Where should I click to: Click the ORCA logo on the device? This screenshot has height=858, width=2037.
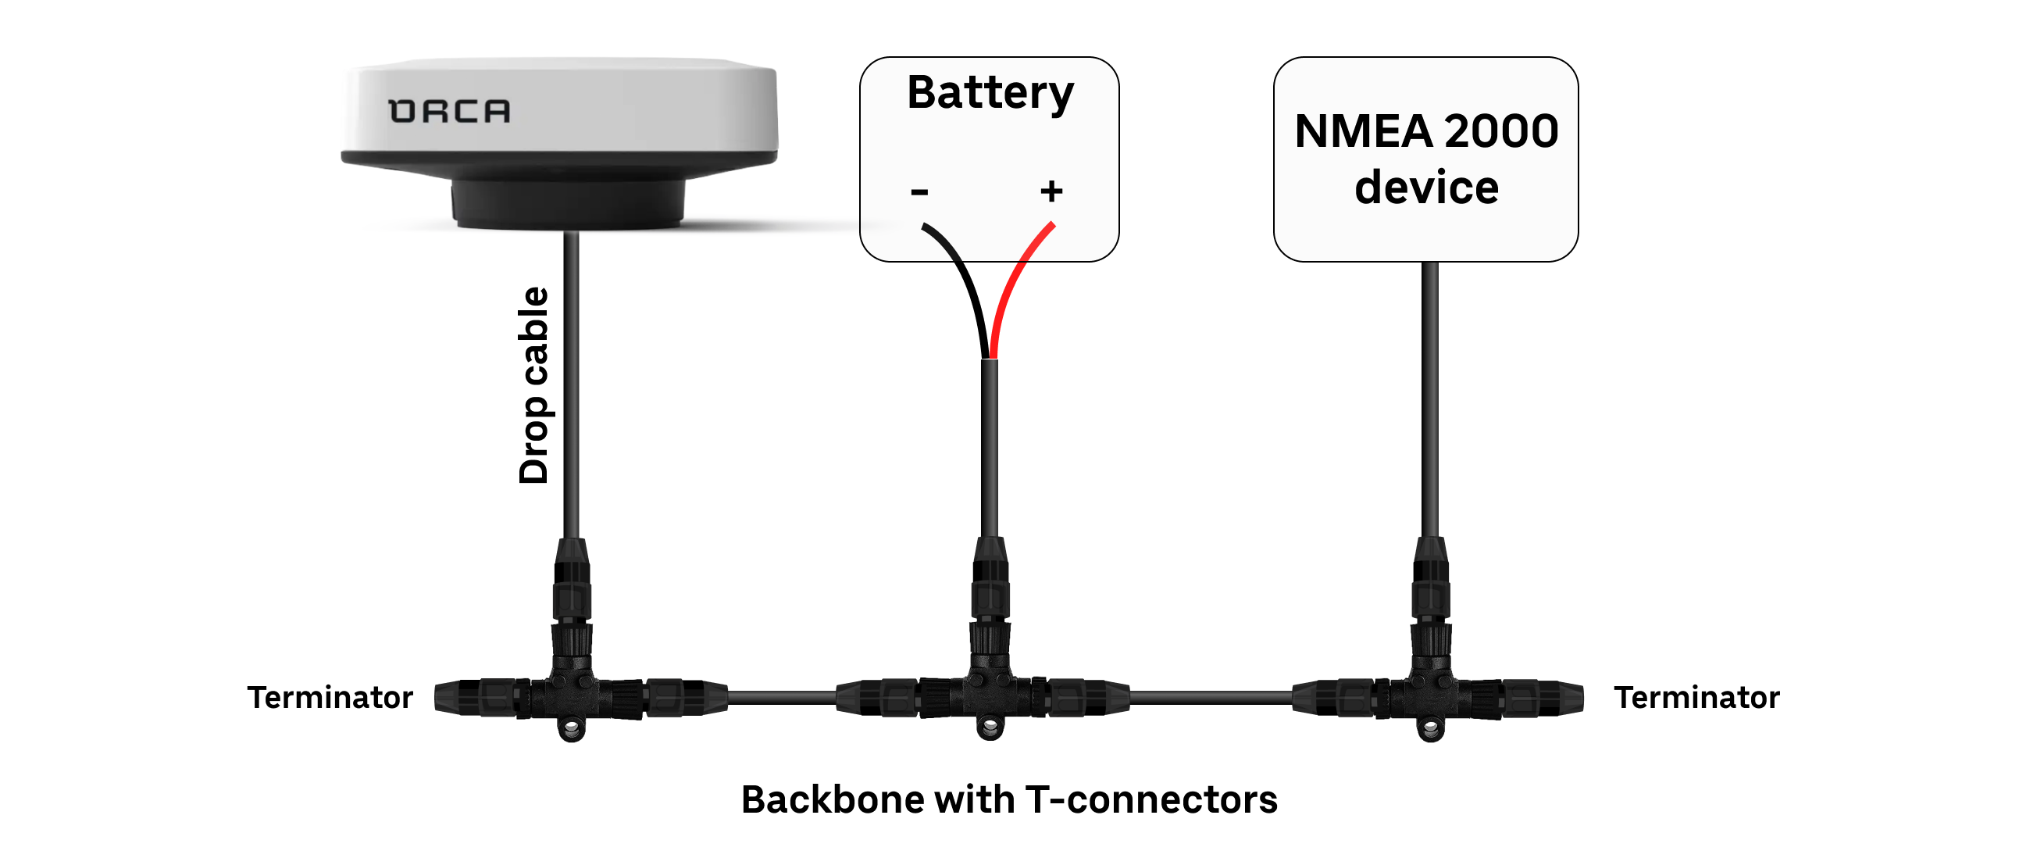tap(449, 112)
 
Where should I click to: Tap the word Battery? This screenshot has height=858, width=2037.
tap(990, 93)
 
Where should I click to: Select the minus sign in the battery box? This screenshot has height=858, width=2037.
tap(919, 191)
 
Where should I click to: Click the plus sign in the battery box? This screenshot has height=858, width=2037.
tap(1051, 191)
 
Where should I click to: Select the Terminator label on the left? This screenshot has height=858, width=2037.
tap(330, 698)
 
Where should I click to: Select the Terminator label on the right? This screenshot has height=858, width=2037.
tap(1696, 698)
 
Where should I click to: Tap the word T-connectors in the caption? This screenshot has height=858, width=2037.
tap(1150, 799)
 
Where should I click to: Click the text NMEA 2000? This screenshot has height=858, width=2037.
tap(1425, 131)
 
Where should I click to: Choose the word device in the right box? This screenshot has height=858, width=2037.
tap(1425, 188)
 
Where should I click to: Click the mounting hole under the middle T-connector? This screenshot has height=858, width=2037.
tap(990, 725)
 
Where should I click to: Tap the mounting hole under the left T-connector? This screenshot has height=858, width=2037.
tap(572, 727)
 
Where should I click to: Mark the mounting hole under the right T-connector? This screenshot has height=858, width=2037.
tap(1429, 727)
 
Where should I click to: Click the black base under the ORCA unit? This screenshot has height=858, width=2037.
tap(567, 204)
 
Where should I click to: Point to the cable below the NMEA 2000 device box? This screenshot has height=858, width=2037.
tap(1429, 395)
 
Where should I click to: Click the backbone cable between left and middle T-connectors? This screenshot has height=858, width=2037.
tap(781, 698)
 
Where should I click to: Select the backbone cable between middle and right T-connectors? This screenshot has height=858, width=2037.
tap(1210, 698)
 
